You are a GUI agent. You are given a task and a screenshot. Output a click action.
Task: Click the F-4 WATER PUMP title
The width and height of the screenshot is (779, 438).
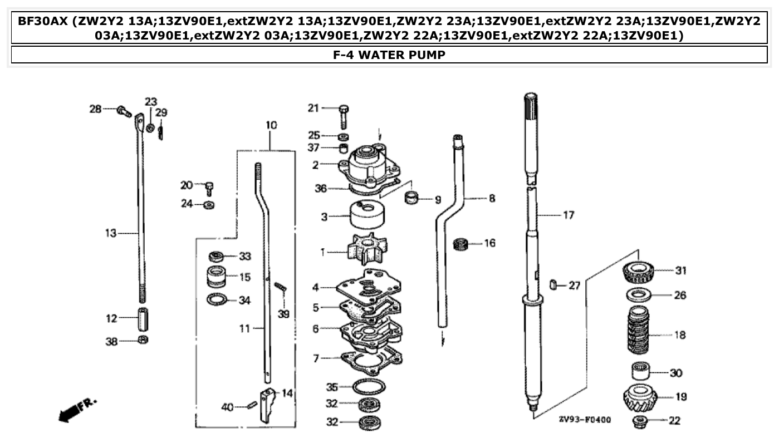(x=389, y=55)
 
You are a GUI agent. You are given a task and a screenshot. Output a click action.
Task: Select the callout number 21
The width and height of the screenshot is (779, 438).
(x=314, y=108)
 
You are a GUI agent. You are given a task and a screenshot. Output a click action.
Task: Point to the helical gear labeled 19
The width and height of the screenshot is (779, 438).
(x=640, y=397)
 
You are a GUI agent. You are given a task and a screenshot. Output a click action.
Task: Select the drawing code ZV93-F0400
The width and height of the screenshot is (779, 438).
(x=584, y=419)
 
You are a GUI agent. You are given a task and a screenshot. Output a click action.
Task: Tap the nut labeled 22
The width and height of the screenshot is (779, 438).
(x=640, y=421)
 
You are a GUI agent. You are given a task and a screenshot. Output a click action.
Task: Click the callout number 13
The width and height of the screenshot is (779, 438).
(x=110, y=233)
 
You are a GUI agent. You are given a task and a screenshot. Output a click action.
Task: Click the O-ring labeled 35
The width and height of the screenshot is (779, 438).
(x=368, y=386)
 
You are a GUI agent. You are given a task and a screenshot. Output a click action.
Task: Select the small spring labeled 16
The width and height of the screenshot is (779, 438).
(x=460, y=244)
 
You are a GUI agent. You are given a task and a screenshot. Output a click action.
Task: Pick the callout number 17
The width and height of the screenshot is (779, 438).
(x=568, y=215)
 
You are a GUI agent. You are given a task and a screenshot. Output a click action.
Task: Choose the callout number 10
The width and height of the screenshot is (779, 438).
(x=271, y=126)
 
